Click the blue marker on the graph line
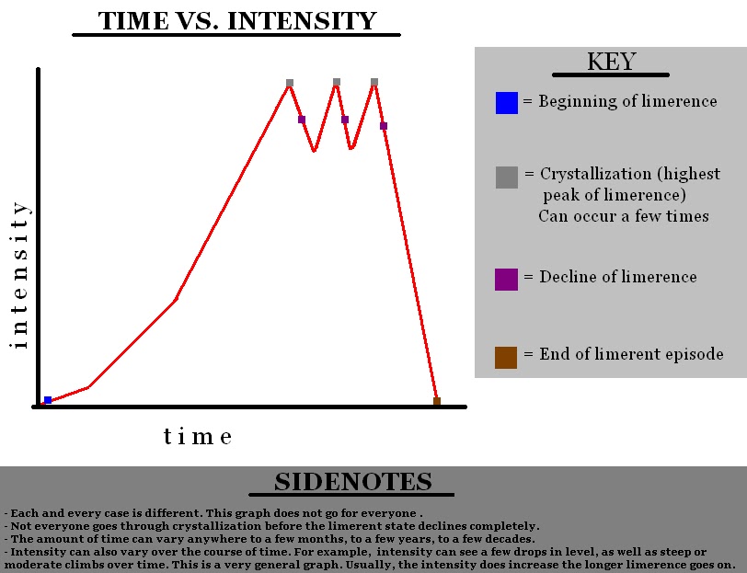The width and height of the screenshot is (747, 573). (48, 400)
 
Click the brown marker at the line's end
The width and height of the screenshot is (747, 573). (437, 401)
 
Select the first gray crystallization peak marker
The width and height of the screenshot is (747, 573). (290, 83)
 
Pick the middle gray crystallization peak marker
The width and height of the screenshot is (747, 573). (337, 82)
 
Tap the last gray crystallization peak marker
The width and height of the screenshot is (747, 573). (374, 82)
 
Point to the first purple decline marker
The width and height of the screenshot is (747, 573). (302, 120)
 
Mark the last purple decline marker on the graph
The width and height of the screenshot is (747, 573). (384, 126)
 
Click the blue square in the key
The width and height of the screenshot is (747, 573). (506, 103)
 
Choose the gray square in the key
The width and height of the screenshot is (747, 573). (506, 178)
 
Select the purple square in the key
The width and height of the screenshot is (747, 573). (506, 280)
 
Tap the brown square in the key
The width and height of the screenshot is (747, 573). (506, 358)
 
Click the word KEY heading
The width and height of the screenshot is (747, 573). (611, 62)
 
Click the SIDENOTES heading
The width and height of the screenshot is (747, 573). (353, 482)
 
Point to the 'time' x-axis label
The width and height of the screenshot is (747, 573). (198, 436)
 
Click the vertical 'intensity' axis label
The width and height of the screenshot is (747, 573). (19, 275)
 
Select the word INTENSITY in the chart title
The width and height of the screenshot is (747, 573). (302, 21)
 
